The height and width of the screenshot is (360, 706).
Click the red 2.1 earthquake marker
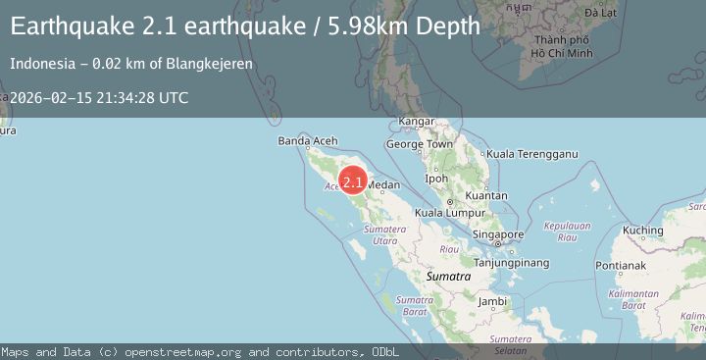pyautogui.click(x=353, y=181)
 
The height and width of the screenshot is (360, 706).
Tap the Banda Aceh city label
pyautogui.click(x=307, y=141)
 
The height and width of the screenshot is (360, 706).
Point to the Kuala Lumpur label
pyautogui.click(x=450, y=212)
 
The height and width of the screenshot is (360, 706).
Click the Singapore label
pyautogui.click(x=497, y=235)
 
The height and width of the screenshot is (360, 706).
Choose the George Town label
pyautogui.click(x=419, y=144)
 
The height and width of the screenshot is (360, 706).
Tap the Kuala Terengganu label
pyautogui.click(x=532, y=154)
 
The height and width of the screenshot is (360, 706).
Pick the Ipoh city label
pyautogui.click(x=436, y=179)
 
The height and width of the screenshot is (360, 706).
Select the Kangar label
pyautogui.click(x=417, y=123)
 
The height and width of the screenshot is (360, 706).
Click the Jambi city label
pyautogui.click(x=492, y=301)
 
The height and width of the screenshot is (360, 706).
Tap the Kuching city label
pyautogui.click(x=643, y=231)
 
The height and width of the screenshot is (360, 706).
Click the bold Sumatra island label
pyautogui.click(x=450, y=277)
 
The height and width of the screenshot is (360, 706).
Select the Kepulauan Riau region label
pyautogui.click(x=566, y=231)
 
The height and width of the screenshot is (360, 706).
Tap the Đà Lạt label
pyautogui.click(x=600, y=14)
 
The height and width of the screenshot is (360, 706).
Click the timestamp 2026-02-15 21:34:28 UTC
pyautogui.click(x=99, y=98)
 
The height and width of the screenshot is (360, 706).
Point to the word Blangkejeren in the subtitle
pyautogui.click(x=210, y=63)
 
